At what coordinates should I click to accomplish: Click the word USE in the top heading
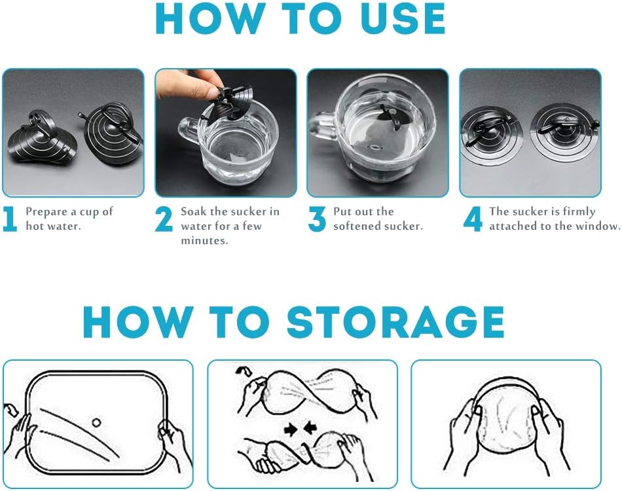403,18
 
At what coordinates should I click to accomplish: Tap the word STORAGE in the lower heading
395,321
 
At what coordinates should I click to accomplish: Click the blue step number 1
10,219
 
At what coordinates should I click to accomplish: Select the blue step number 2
164,219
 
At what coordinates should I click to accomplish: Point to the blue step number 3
316,219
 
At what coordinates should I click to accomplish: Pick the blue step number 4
473,219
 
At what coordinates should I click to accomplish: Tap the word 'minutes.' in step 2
205,241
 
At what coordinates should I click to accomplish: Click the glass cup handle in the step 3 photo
323,126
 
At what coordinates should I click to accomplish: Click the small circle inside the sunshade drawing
96,422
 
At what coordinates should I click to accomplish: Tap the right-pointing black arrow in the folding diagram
291,429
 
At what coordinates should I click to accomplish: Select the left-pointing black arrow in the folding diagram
310,428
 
